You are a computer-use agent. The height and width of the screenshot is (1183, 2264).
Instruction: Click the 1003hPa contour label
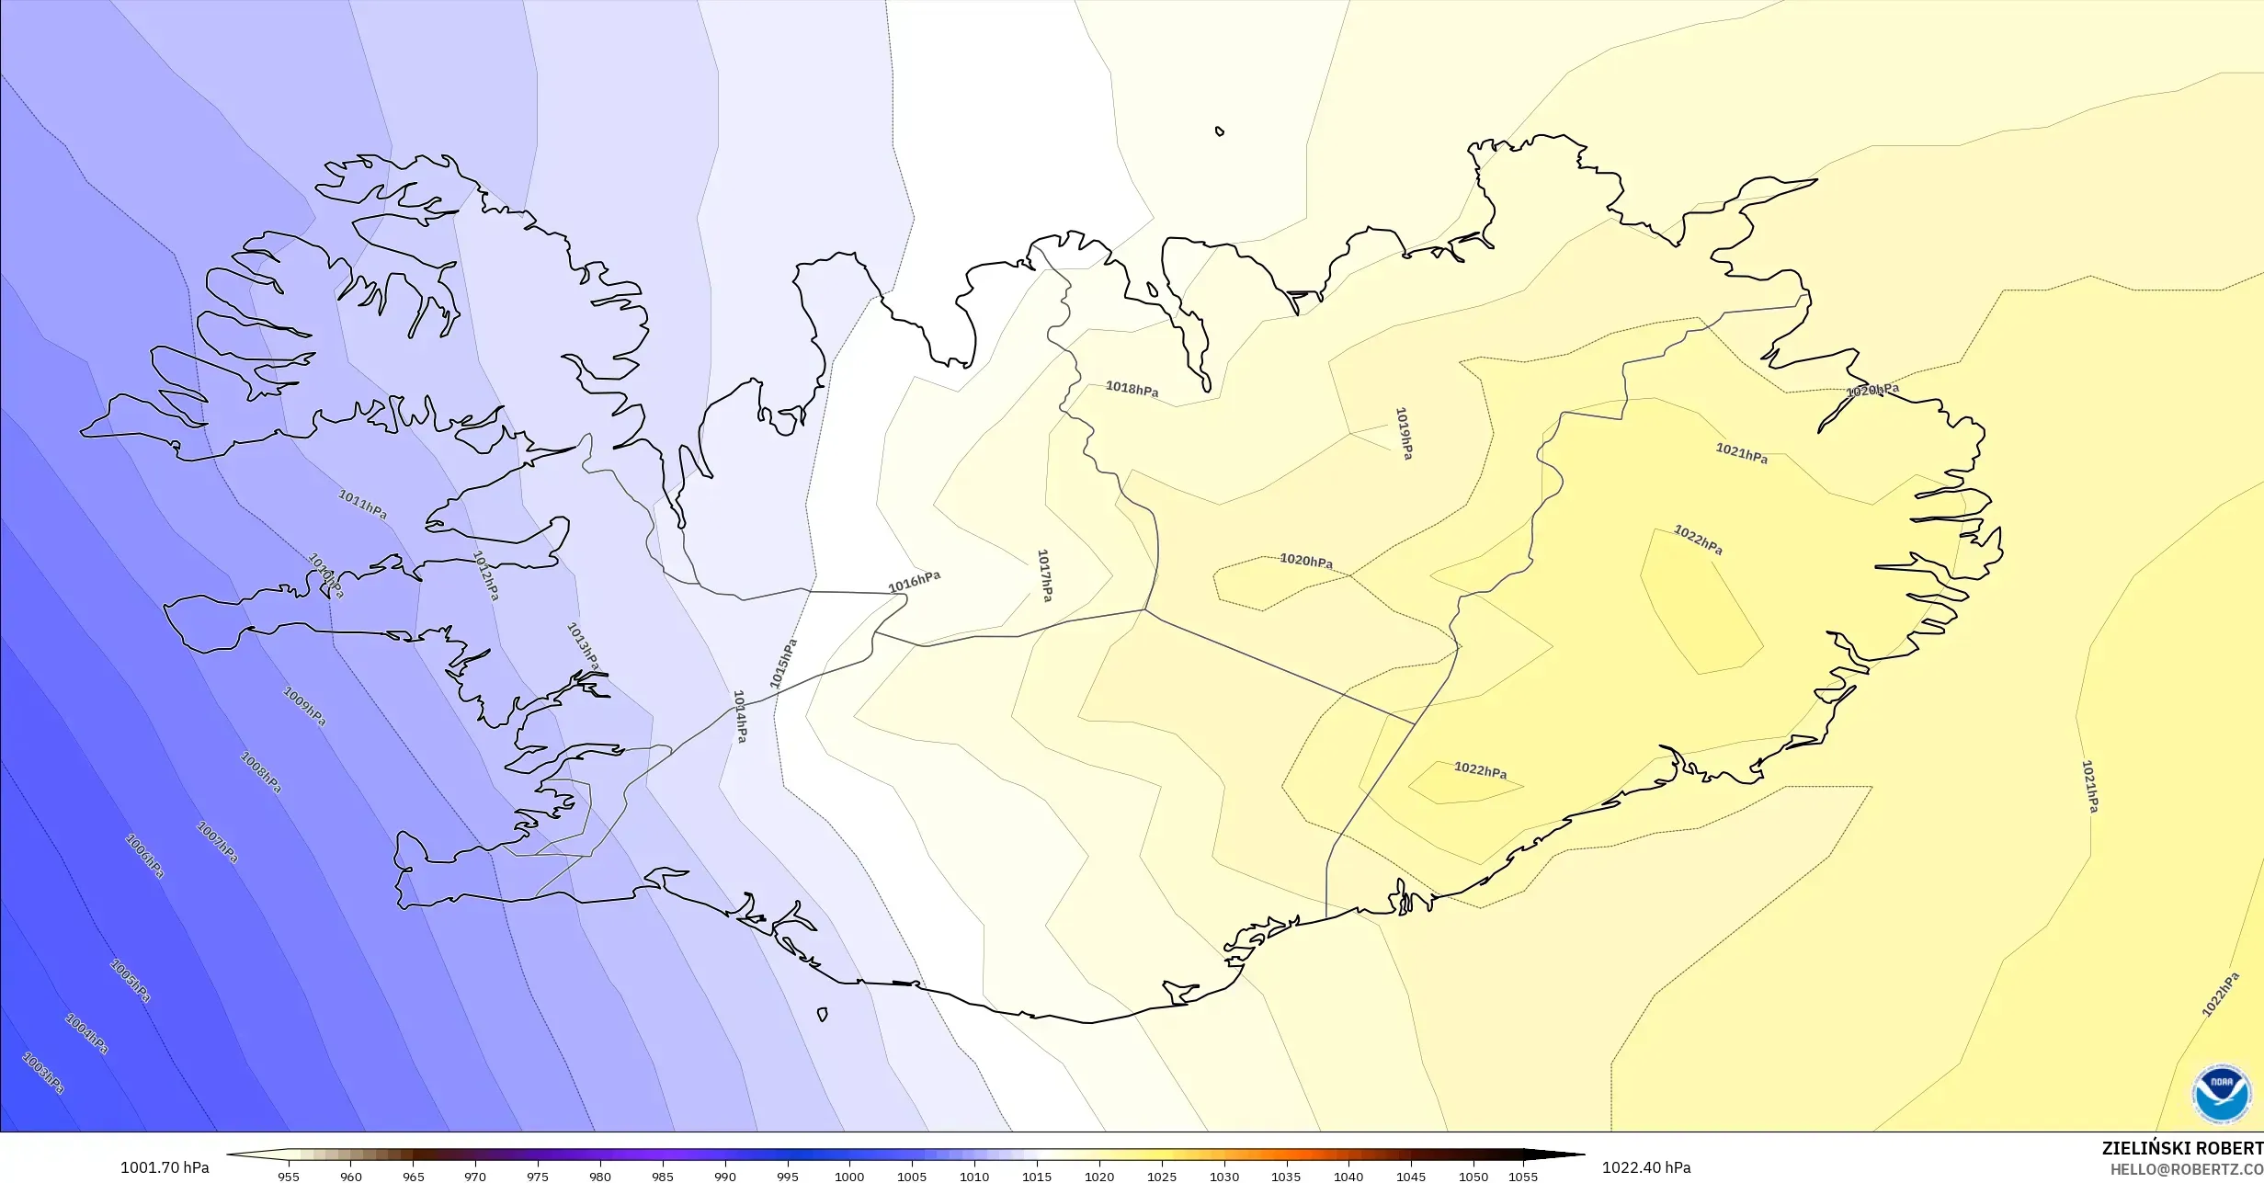click(43, 1073)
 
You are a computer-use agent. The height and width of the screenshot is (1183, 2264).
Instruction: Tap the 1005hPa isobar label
click(130, 981)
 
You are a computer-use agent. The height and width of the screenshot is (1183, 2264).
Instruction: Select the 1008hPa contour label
click(260, 772)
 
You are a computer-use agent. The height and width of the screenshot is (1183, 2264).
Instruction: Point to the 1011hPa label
click(362, 504)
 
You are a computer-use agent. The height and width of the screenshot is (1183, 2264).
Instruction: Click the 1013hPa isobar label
click(583, 646)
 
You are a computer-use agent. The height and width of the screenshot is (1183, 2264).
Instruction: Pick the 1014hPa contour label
click(740, 716)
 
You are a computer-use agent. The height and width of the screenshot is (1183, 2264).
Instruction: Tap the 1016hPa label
click(914, 582)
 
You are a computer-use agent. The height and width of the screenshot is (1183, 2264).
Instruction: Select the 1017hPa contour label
click(1044, 575)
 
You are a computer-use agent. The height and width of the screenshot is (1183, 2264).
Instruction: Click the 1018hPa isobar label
click(1132, 390)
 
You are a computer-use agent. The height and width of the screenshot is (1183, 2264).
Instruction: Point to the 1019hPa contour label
click(1404, 433)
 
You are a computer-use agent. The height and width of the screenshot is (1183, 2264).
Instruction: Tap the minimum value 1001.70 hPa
click(165, 1167)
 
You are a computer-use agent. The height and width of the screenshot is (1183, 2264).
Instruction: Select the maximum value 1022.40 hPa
click(1645, 1167)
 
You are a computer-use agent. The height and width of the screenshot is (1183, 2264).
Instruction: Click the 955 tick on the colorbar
click(288, 1176)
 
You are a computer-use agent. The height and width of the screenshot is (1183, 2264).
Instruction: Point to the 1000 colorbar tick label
click(848, 1176)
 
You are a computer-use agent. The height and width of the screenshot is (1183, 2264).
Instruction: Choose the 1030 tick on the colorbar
click(1223, 1176)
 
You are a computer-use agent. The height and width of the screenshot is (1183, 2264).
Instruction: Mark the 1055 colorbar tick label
click(1522, 1176)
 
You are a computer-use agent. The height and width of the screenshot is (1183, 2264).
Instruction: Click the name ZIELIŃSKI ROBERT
click(2182, 1148)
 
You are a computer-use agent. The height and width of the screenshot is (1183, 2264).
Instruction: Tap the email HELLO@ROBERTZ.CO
click(2186, 1169)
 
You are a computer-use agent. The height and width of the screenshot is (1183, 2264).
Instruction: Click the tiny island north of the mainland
click(1220, 131)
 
